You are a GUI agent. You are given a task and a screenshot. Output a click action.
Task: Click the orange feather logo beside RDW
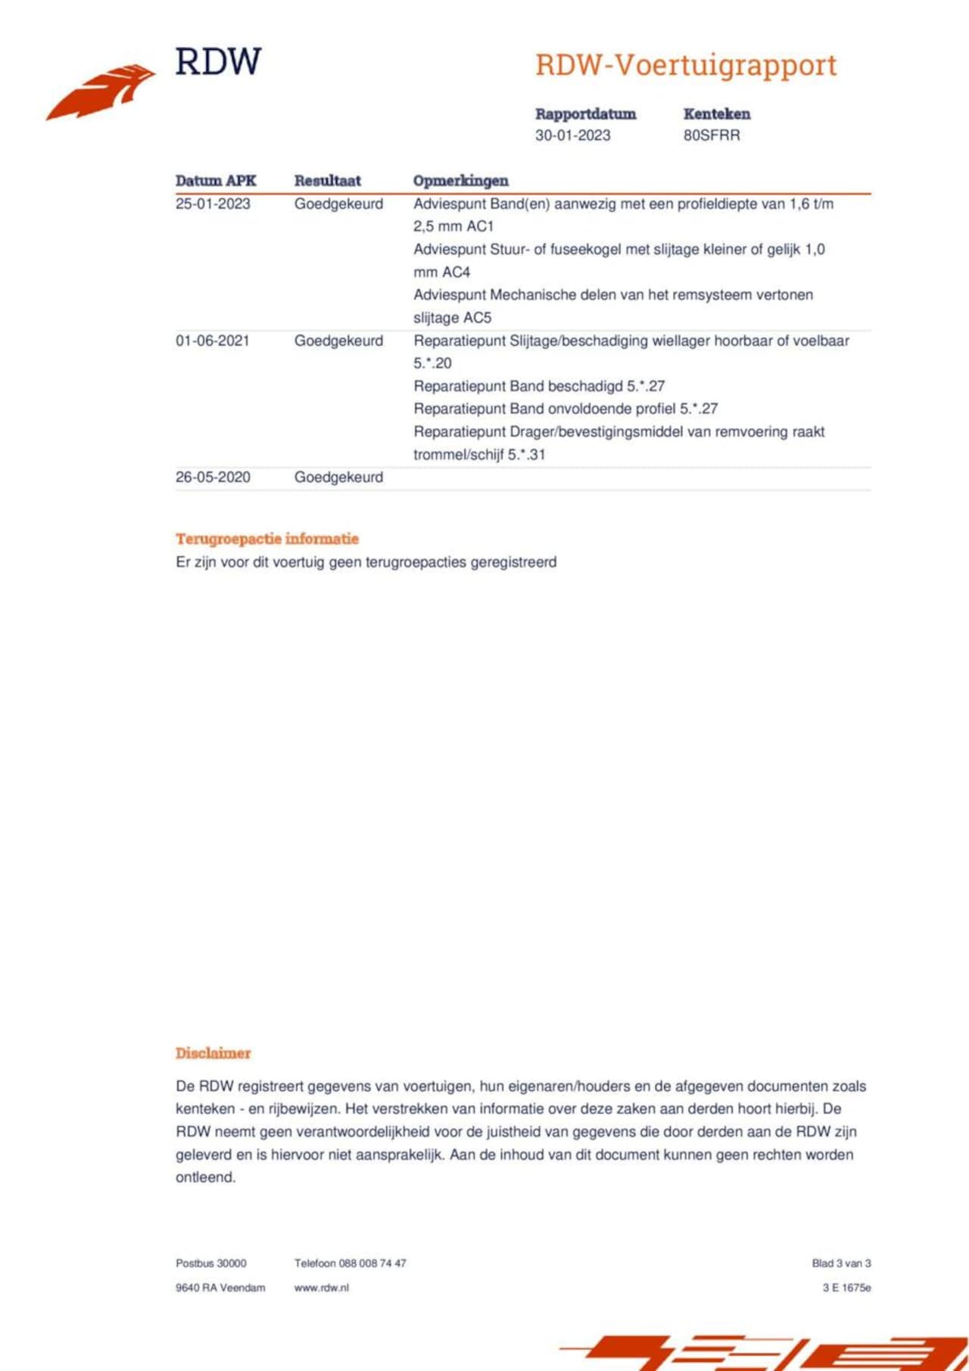[101, 91]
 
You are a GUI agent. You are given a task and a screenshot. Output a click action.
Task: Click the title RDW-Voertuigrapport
[686, 65]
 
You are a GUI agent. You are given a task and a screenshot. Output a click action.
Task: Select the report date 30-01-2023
[572, 135]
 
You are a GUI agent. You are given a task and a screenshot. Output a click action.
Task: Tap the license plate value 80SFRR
[712, 135]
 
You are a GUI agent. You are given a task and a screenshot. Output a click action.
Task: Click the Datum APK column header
[216, 181]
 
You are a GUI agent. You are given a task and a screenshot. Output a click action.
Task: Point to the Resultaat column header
[327, 181]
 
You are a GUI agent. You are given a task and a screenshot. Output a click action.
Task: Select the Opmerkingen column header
[460, 181]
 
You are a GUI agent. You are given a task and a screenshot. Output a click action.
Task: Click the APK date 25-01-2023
[213, 204]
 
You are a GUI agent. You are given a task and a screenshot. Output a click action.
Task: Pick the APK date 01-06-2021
[213, 341]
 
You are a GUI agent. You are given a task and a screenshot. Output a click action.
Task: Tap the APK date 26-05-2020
[213, 477]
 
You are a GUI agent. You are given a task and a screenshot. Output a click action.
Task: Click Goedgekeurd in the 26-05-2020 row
[338, 477]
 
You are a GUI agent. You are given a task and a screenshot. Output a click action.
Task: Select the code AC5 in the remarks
[477, 318]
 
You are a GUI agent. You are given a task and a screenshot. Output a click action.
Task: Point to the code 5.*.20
[432, 363]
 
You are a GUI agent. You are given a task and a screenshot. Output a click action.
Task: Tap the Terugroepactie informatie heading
[267, 539]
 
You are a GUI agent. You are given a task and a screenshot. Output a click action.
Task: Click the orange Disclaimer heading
[213, 1053]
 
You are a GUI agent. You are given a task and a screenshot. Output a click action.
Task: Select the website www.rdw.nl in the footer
[321, 1288]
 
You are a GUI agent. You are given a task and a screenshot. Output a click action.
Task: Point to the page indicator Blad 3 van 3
[841, 1263]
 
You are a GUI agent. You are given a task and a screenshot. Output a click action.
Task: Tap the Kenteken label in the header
[716, 114]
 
